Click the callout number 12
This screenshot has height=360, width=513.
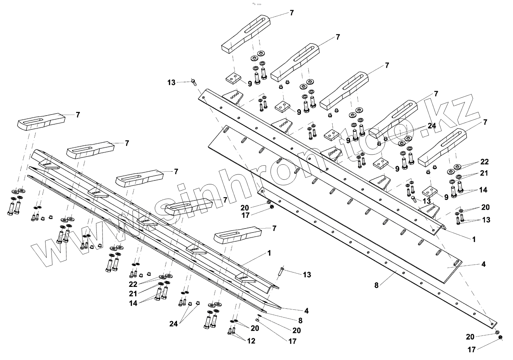251,341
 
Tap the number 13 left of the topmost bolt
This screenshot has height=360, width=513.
172,82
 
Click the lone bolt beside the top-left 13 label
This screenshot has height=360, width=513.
194,82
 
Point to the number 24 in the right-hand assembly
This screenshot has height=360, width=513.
432,126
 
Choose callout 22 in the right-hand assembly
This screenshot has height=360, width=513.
484,162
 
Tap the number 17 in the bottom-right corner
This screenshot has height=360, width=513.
472,350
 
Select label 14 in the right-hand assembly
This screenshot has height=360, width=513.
483,190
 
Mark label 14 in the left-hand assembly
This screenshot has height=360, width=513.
133,303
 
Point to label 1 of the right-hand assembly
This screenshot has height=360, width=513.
474,239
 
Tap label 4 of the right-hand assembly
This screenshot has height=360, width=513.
483,264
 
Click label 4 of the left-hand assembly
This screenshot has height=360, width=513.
306,311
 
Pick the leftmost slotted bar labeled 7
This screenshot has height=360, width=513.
40,121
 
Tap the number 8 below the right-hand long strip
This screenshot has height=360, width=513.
376,285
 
